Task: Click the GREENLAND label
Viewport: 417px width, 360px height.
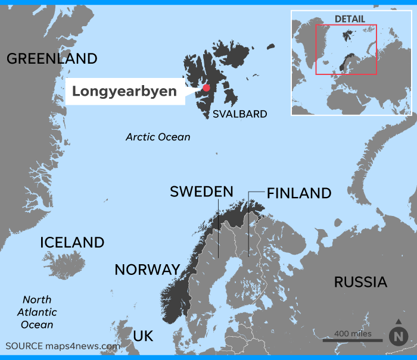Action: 52,58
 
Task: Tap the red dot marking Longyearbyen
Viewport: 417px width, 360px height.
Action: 206,88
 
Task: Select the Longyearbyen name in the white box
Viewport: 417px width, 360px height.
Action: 125,92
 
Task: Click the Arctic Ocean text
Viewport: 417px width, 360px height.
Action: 158,137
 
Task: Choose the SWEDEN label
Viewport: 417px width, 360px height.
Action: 201,192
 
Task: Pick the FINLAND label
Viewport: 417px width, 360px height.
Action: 299,193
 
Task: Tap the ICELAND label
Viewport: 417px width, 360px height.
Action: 72,243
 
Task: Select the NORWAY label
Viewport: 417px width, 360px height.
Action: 147,270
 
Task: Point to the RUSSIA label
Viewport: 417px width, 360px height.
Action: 360,282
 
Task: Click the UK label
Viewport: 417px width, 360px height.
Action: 143,336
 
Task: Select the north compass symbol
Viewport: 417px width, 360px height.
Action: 398,336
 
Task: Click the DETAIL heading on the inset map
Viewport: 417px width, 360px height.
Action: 350,19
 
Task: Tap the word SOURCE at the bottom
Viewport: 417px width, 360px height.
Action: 24,346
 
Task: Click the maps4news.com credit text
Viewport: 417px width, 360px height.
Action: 83,346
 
